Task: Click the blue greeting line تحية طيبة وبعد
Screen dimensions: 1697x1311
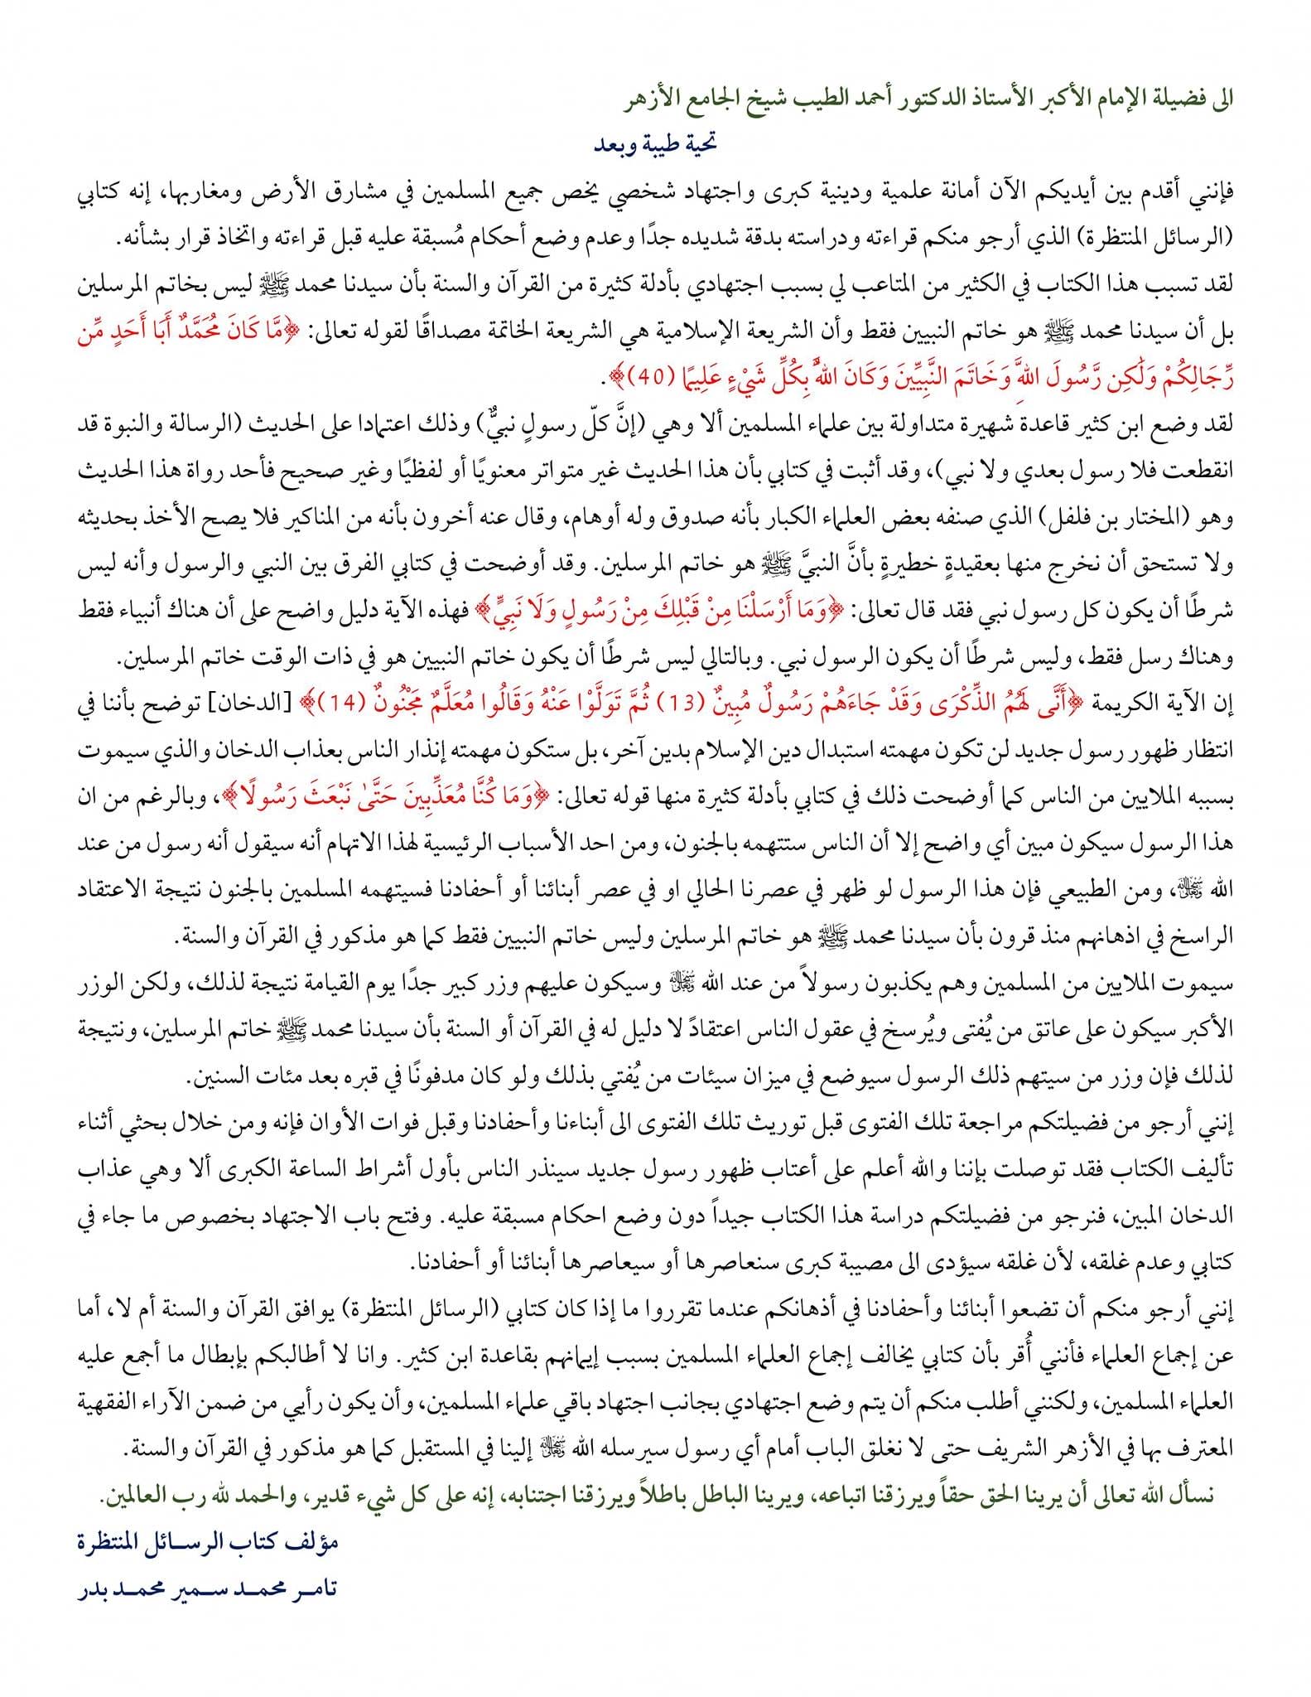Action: coord(654,143)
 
